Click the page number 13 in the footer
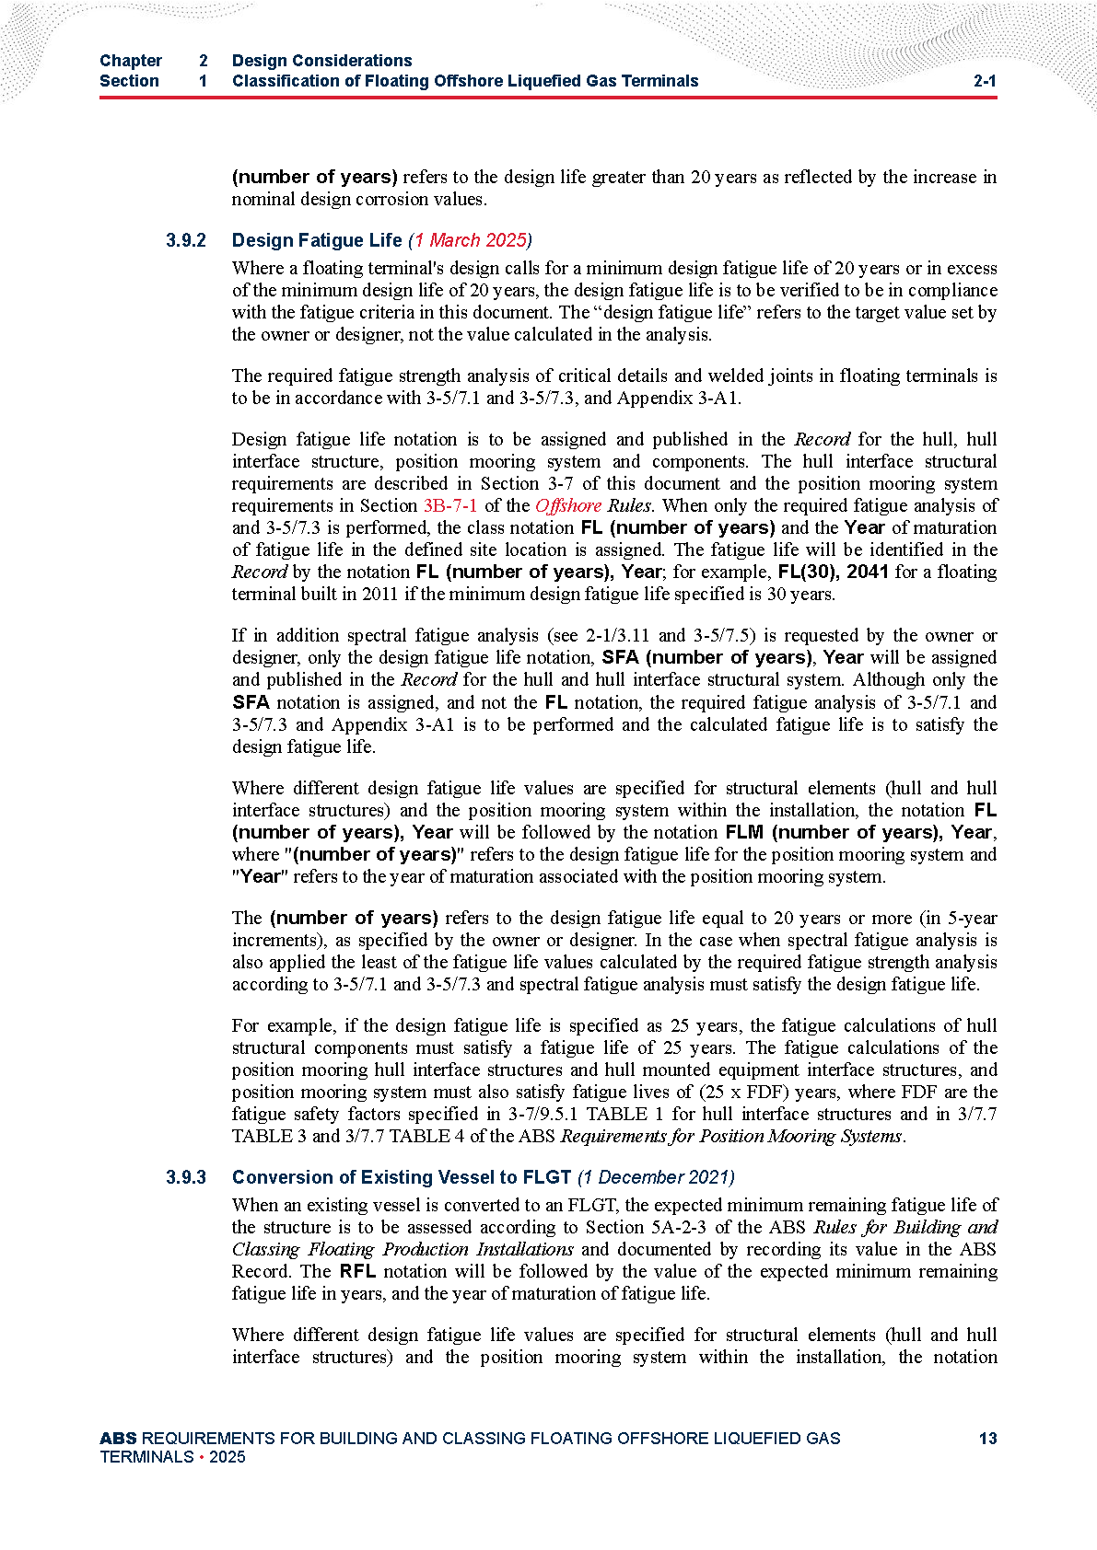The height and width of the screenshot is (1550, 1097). (x=987, y=1438)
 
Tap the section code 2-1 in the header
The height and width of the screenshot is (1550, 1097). (x=985, y=81)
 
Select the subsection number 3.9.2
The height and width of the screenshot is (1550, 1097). (x=186, y=240)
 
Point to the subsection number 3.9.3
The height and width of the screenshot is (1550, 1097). (x=186, y=1177)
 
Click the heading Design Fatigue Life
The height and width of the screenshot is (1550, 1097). (x=317, y=240)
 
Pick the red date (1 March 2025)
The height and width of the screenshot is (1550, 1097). (x=470, y=240)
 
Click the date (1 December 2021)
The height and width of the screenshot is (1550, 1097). (x=656, y=1177)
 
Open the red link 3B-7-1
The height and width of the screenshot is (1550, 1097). (x=450, y=505)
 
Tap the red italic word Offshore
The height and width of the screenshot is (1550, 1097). (x=568, y=505)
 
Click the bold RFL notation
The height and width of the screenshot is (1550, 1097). (x=357, y=1271)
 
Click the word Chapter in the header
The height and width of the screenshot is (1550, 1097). (x=131, y=61)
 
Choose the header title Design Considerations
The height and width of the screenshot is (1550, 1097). (x=322, y=61)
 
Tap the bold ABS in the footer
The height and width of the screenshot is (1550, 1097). (x=118, y=1438)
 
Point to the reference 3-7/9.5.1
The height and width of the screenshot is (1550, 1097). (x=542, y=1114)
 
